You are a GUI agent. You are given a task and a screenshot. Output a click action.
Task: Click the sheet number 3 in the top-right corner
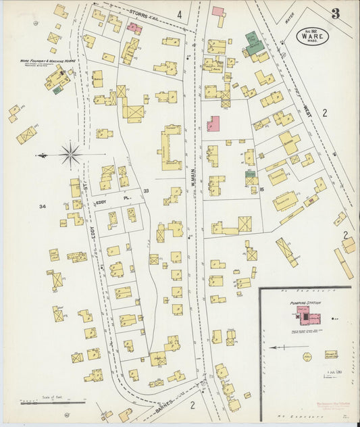coord(336,13)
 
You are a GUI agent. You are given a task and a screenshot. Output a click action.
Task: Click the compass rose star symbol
coord(70,155)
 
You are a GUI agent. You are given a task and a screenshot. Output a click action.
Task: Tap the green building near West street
coord(254,46)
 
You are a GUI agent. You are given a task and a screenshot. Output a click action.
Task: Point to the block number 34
coord(43,206)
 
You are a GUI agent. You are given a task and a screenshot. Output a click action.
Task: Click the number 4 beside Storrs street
coord(179,14)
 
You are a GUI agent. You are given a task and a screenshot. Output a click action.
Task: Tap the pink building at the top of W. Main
coord(217,11)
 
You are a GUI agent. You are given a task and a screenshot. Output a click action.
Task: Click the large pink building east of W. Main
coord(213,124)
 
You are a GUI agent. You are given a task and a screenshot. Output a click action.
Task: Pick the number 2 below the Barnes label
coord(192,405)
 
